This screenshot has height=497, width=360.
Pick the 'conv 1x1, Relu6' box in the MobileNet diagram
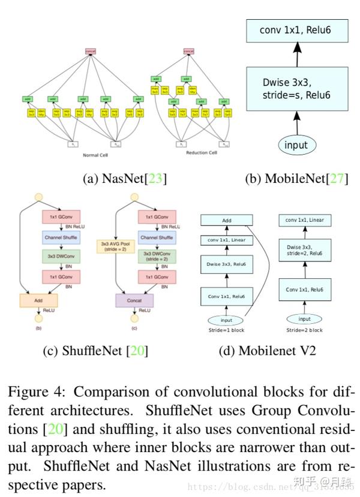pos(296,29)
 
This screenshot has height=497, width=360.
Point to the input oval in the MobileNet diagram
pos(296,144)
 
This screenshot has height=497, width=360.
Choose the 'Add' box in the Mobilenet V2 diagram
pos(227,221)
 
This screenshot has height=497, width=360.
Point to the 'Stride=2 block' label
pos(304,330)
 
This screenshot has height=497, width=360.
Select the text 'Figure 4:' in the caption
pos(34,392)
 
